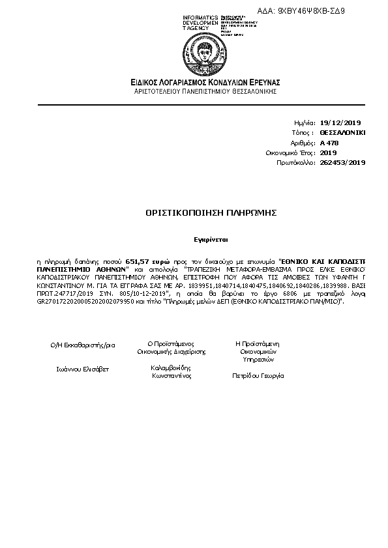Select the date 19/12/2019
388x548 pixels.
tap(340, 123)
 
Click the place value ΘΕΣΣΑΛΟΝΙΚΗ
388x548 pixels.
tap(343, 132)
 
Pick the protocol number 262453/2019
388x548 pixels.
tap(343, 163)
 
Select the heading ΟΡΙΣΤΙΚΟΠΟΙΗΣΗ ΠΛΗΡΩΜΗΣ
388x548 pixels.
tap(203, 213)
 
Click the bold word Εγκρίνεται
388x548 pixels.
tap(203, 239)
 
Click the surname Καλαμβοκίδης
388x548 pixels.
tap(171, 368)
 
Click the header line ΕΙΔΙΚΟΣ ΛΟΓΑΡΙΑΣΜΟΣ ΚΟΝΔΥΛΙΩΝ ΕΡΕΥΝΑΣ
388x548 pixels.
tap(204, 82)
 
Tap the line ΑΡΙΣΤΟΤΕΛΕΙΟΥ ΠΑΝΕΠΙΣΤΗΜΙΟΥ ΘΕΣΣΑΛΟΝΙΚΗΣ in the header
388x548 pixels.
tap(205, 91)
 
